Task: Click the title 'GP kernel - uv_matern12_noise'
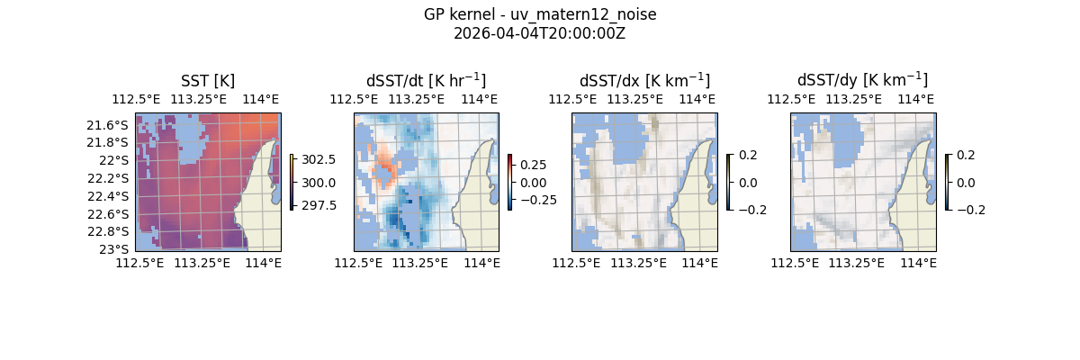coord(539,14)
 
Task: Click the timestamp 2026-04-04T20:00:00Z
coord(539,33)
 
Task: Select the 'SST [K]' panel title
coord(208,81)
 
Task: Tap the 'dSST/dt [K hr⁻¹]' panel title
coord(426,81)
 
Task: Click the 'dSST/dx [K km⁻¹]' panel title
coord(644,81)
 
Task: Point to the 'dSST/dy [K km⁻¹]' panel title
coord(862,81)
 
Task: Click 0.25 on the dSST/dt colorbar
coord(535,165)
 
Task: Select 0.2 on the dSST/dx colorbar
coord(748,155)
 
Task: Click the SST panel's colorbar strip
coord(292,182)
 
